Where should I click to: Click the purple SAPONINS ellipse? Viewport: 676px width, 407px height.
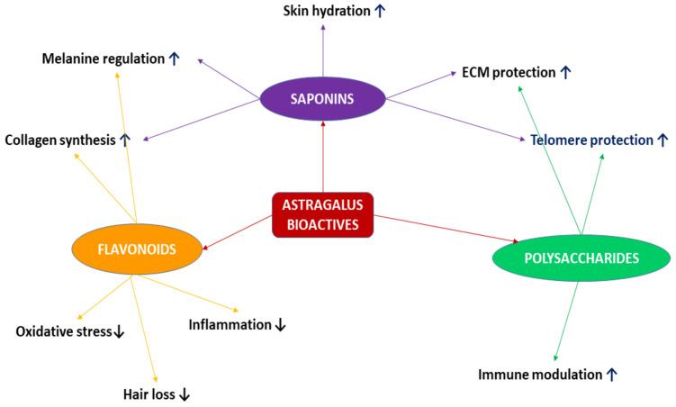(323, 97)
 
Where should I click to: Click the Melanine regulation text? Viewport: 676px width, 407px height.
(103, 59)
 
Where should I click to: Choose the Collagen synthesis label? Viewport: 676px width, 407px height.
(59, 140)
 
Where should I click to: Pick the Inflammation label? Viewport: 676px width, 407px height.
(230, 323)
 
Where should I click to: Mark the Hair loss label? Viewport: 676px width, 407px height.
(149, 393)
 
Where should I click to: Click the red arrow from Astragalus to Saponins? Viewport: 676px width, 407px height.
(323, 158)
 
